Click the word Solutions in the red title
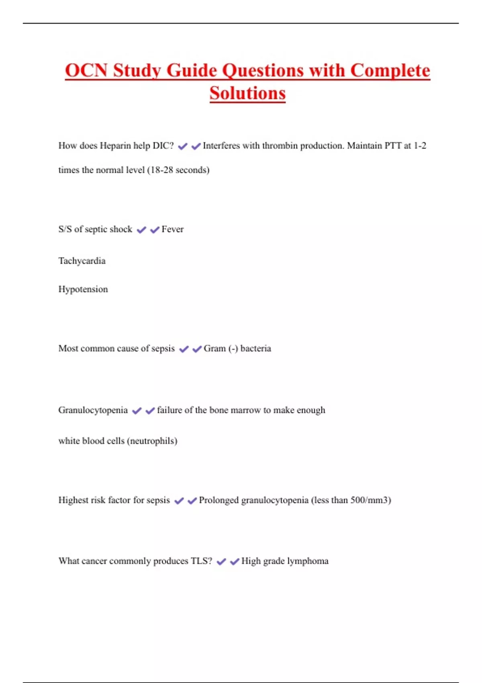pos(247,93)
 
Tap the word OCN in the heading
pos(86,71)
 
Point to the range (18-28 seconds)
pos(178,170)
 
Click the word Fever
pos(172,229)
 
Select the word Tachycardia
pos(82,261)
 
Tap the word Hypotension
pos(83,289)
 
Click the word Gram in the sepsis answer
pos(214,349)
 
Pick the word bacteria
pos(255,349)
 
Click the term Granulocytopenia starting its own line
pos(93,410)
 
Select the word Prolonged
pos(219,500)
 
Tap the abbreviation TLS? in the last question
pos(201,561)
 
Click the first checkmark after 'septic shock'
pos(141,230)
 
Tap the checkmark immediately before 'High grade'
pos(235,562)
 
